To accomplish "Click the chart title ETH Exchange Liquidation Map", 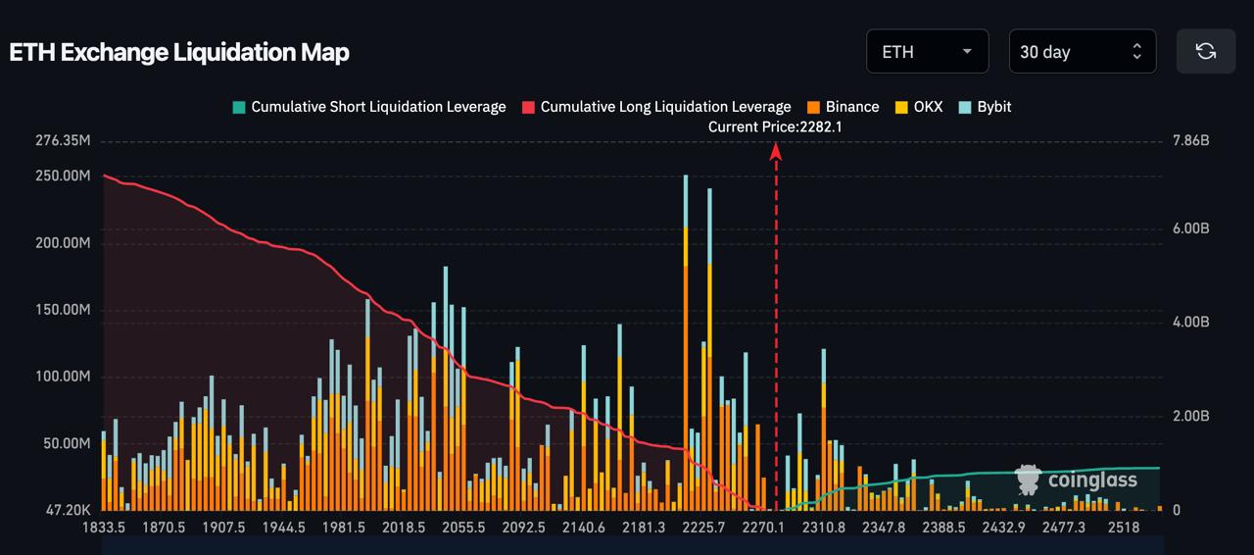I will [179, 52].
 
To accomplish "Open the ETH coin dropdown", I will [926, 51].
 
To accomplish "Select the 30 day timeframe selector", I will [1082, 51].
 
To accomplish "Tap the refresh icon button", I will [1206, 51].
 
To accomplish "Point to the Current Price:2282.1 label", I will [775, 126].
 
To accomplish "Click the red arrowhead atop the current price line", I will [776, 150].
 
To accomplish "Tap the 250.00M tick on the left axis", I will [63, 176].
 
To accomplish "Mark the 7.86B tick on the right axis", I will [1191, 141].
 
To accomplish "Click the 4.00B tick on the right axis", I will [1191, 323].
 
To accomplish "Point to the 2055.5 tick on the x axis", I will [463, 528].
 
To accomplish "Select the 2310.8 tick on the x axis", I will [824, 528].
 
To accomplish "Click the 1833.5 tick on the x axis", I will [103, 528].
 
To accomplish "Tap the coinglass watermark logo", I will [1077, 479].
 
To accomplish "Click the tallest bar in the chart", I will [686, 343].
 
